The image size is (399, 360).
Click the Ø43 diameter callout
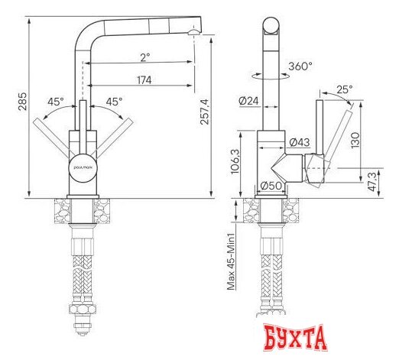click(x=299, y=143)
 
